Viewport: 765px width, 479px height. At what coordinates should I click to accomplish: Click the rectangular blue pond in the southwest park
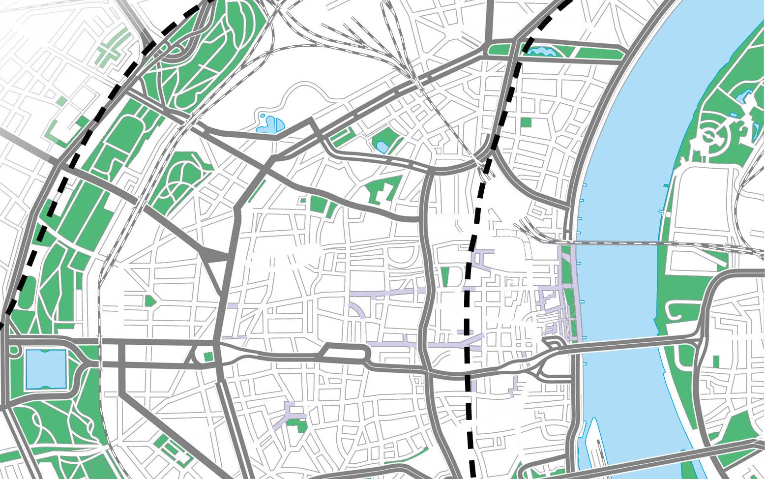point(46,369)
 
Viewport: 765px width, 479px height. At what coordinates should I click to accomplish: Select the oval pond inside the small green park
point(382,146)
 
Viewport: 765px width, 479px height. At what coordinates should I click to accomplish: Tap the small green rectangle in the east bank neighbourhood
point(716,360)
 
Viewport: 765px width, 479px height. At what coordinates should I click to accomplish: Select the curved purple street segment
point(357,309)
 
